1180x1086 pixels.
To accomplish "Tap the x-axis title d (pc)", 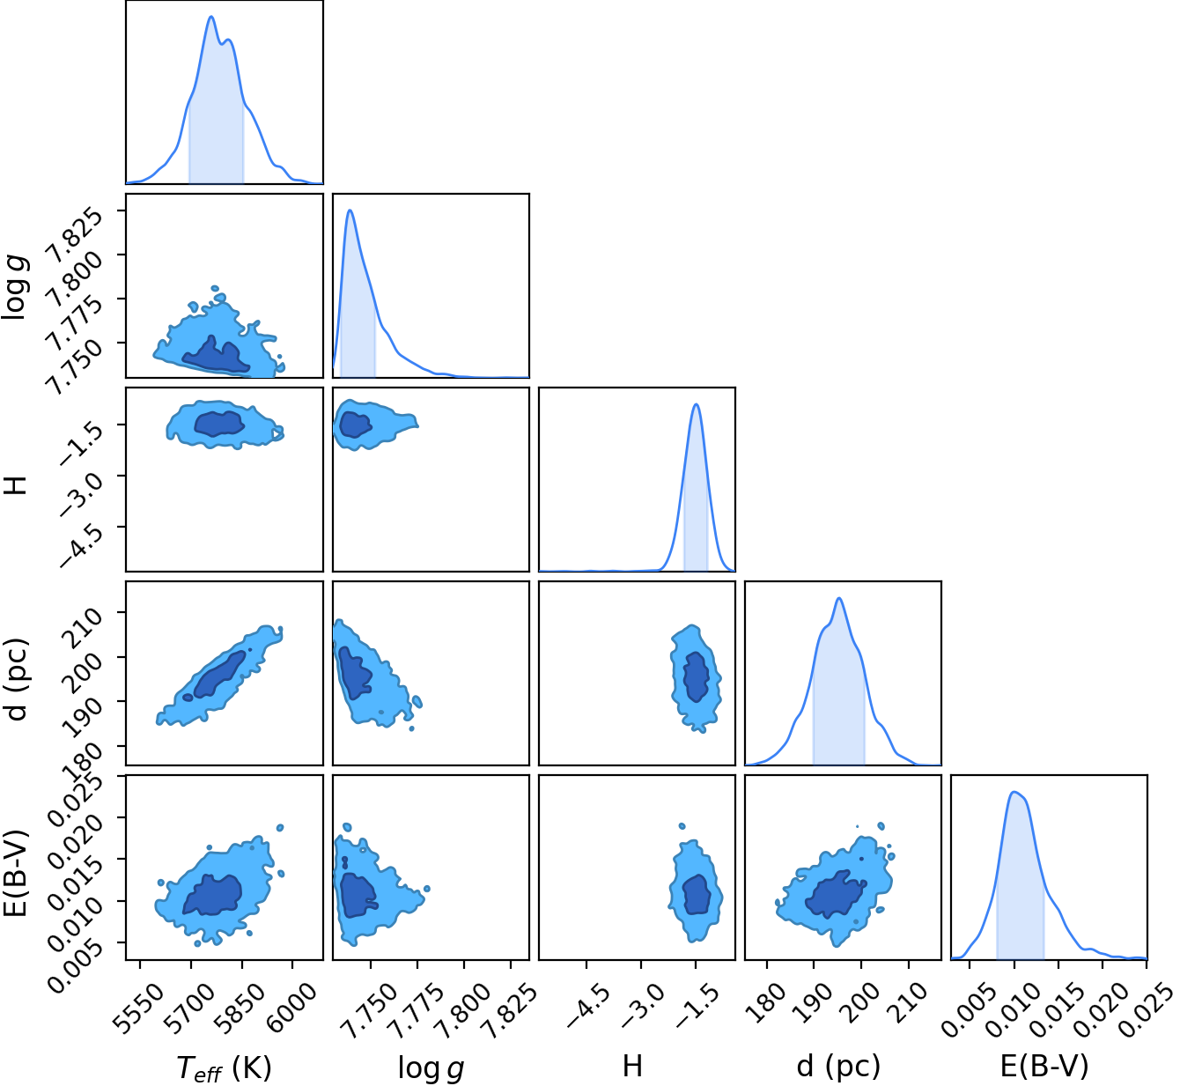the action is click(x=838, y=1066).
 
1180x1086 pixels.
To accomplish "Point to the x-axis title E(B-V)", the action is click(x=1044, y=1066).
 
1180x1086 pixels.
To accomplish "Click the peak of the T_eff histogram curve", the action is click(x=211, y=16).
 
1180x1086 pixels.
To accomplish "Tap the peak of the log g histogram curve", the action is click(x=350, y=210).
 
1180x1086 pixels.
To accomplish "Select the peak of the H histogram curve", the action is click(x=697, y=403).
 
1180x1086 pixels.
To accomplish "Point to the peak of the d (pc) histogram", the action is click(x=839, y=598).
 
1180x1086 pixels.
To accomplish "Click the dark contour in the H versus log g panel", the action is click(x=355, y=425).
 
